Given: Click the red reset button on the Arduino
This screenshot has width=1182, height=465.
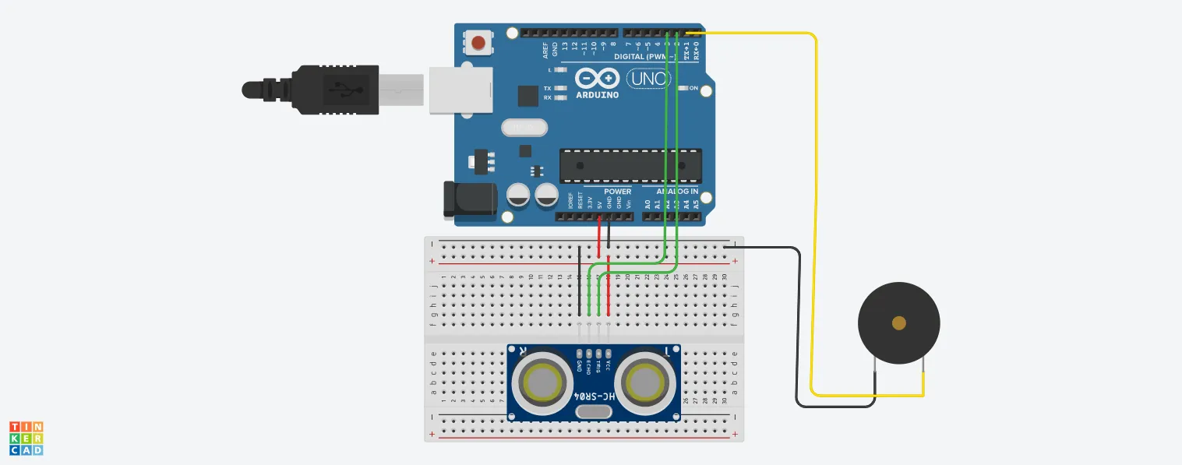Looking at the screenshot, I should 478,42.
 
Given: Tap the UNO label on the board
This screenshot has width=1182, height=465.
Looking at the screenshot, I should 645,79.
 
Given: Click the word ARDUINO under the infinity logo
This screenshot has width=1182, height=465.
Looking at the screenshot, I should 598,95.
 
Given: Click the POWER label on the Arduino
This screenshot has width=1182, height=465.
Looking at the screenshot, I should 618,192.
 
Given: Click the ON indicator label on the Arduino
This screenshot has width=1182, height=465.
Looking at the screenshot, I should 693,88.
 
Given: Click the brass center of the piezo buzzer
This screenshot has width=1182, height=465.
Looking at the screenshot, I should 898,322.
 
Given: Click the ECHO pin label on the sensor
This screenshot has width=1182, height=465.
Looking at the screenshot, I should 589,361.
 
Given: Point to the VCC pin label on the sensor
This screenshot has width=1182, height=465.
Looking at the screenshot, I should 609,359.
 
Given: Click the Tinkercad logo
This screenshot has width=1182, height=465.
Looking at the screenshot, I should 26,439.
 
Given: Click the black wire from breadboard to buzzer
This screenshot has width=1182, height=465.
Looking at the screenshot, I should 799,327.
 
